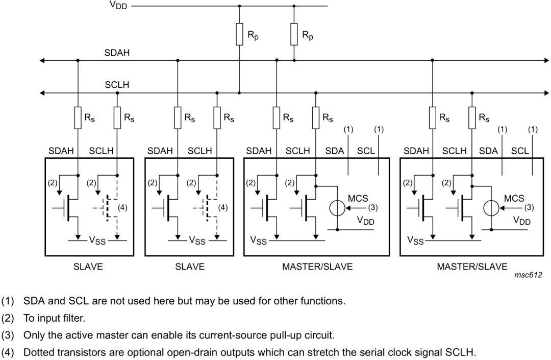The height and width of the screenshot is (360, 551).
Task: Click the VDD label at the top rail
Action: (118, 5)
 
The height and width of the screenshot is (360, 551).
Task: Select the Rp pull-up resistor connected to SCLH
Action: (239, 34)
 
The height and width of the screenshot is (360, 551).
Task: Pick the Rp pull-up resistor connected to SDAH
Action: (294, 34)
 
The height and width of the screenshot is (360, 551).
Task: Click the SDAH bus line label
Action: (117, 53)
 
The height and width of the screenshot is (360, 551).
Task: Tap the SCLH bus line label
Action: (117, 85)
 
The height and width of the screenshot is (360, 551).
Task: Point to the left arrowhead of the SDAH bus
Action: (42, 61)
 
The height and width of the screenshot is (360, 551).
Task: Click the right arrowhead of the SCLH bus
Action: (546, 93)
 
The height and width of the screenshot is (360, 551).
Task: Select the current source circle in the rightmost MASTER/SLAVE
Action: (491, 208)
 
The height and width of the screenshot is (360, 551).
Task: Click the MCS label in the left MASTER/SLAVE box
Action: (358, 198)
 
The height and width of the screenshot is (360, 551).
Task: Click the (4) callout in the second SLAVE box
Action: (223, 207)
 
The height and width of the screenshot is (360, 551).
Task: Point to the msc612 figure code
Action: (528, 275)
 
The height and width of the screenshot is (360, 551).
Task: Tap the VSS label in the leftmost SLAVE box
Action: (97, 241)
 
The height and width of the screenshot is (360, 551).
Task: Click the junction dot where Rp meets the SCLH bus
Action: (239, 93)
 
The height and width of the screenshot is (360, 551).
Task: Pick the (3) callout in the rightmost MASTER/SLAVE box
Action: (529, 207)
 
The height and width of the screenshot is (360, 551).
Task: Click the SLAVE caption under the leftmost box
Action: (88, 267)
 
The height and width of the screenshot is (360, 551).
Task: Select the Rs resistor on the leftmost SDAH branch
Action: (78, 118)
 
